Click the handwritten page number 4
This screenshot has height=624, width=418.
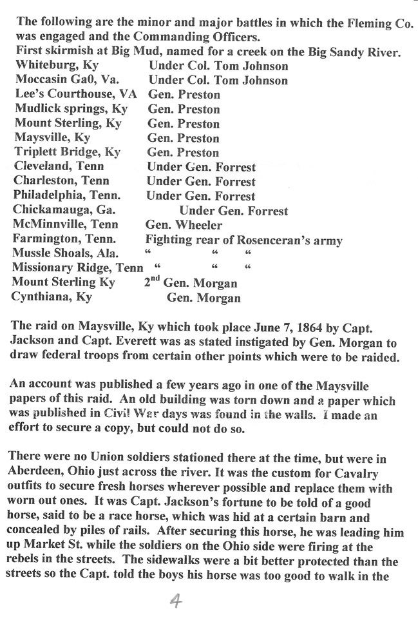(174, 602)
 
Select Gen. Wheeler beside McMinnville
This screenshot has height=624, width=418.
(184, 225)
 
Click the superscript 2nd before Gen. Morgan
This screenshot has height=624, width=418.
(152, 280)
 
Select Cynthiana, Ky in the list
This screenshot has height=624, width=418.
(52, 297)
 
